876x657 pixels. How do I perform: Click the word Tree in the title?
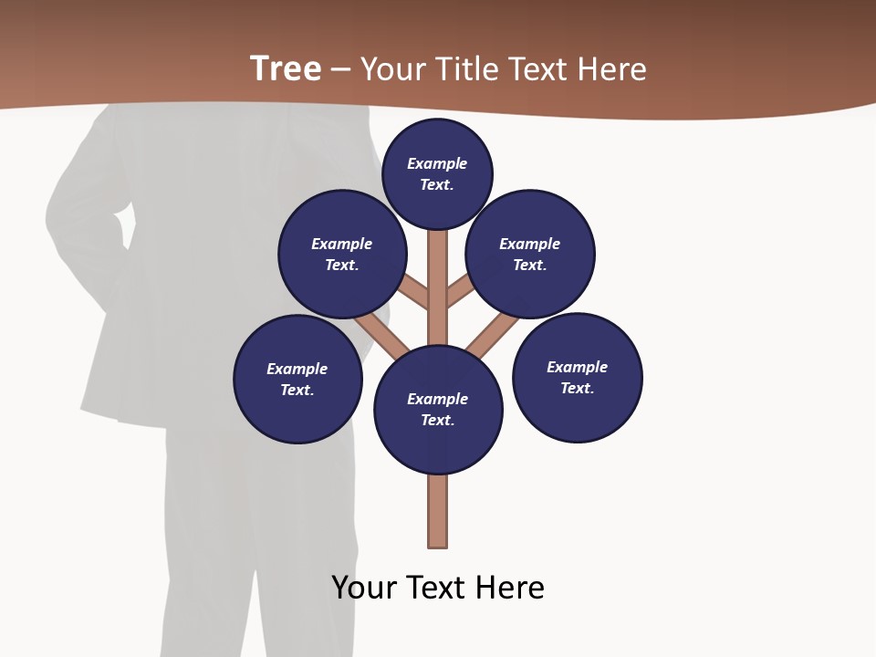(x=286, y=68)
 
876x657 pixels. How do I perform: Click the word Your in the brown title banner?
(x=391, y=69)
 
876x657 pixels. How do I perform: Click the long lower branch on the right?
(x=493, y=335)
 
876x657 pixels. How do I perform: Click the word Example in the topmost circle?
(x=437, y=164)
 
